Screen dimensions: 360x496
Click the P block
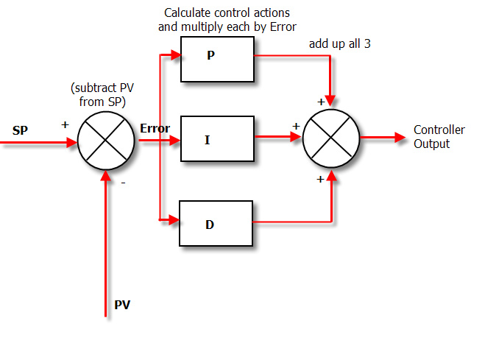click(x=217, y=59)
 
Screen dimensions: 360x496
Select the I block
click(x=217, y=138)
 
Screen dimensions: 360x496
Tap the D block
click(x=217, y=223)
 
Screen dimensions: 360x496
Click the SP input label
click(x=21, y=130)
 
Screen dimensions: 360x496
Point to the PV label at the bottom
click(x=122, y=304)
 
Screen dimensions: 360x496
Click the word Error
click(x=155, y=129)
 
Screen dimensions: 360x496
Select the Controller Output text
click(x=439, y=137)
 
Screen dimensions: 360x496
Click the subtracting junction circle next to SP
click(x=106, y=138)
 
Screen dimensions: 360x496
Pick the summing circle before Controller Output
click(x=331, y=138)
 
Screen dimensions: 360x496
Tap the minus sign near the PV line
click(x=123, y=183)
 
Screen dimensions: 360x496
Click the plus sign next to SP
click(x=65, y=124)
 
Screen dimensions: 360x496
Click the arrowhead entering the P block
click(x=175, y=54)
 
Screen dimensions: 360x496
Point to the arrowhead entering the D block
click(x=175, y=219)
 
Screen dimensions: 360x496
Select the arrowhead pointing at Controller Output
click(x=400, y=138)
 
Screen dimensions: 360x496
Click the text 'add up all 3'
click(x=339, y=44)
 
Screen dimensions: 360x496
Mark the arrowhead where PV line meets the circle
click(x=107, y=174)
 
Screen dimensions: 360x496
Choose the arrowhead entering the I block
click(x=175, y=138)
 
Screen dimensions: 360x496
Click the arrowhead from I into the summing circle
click(x=297, y=138)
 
